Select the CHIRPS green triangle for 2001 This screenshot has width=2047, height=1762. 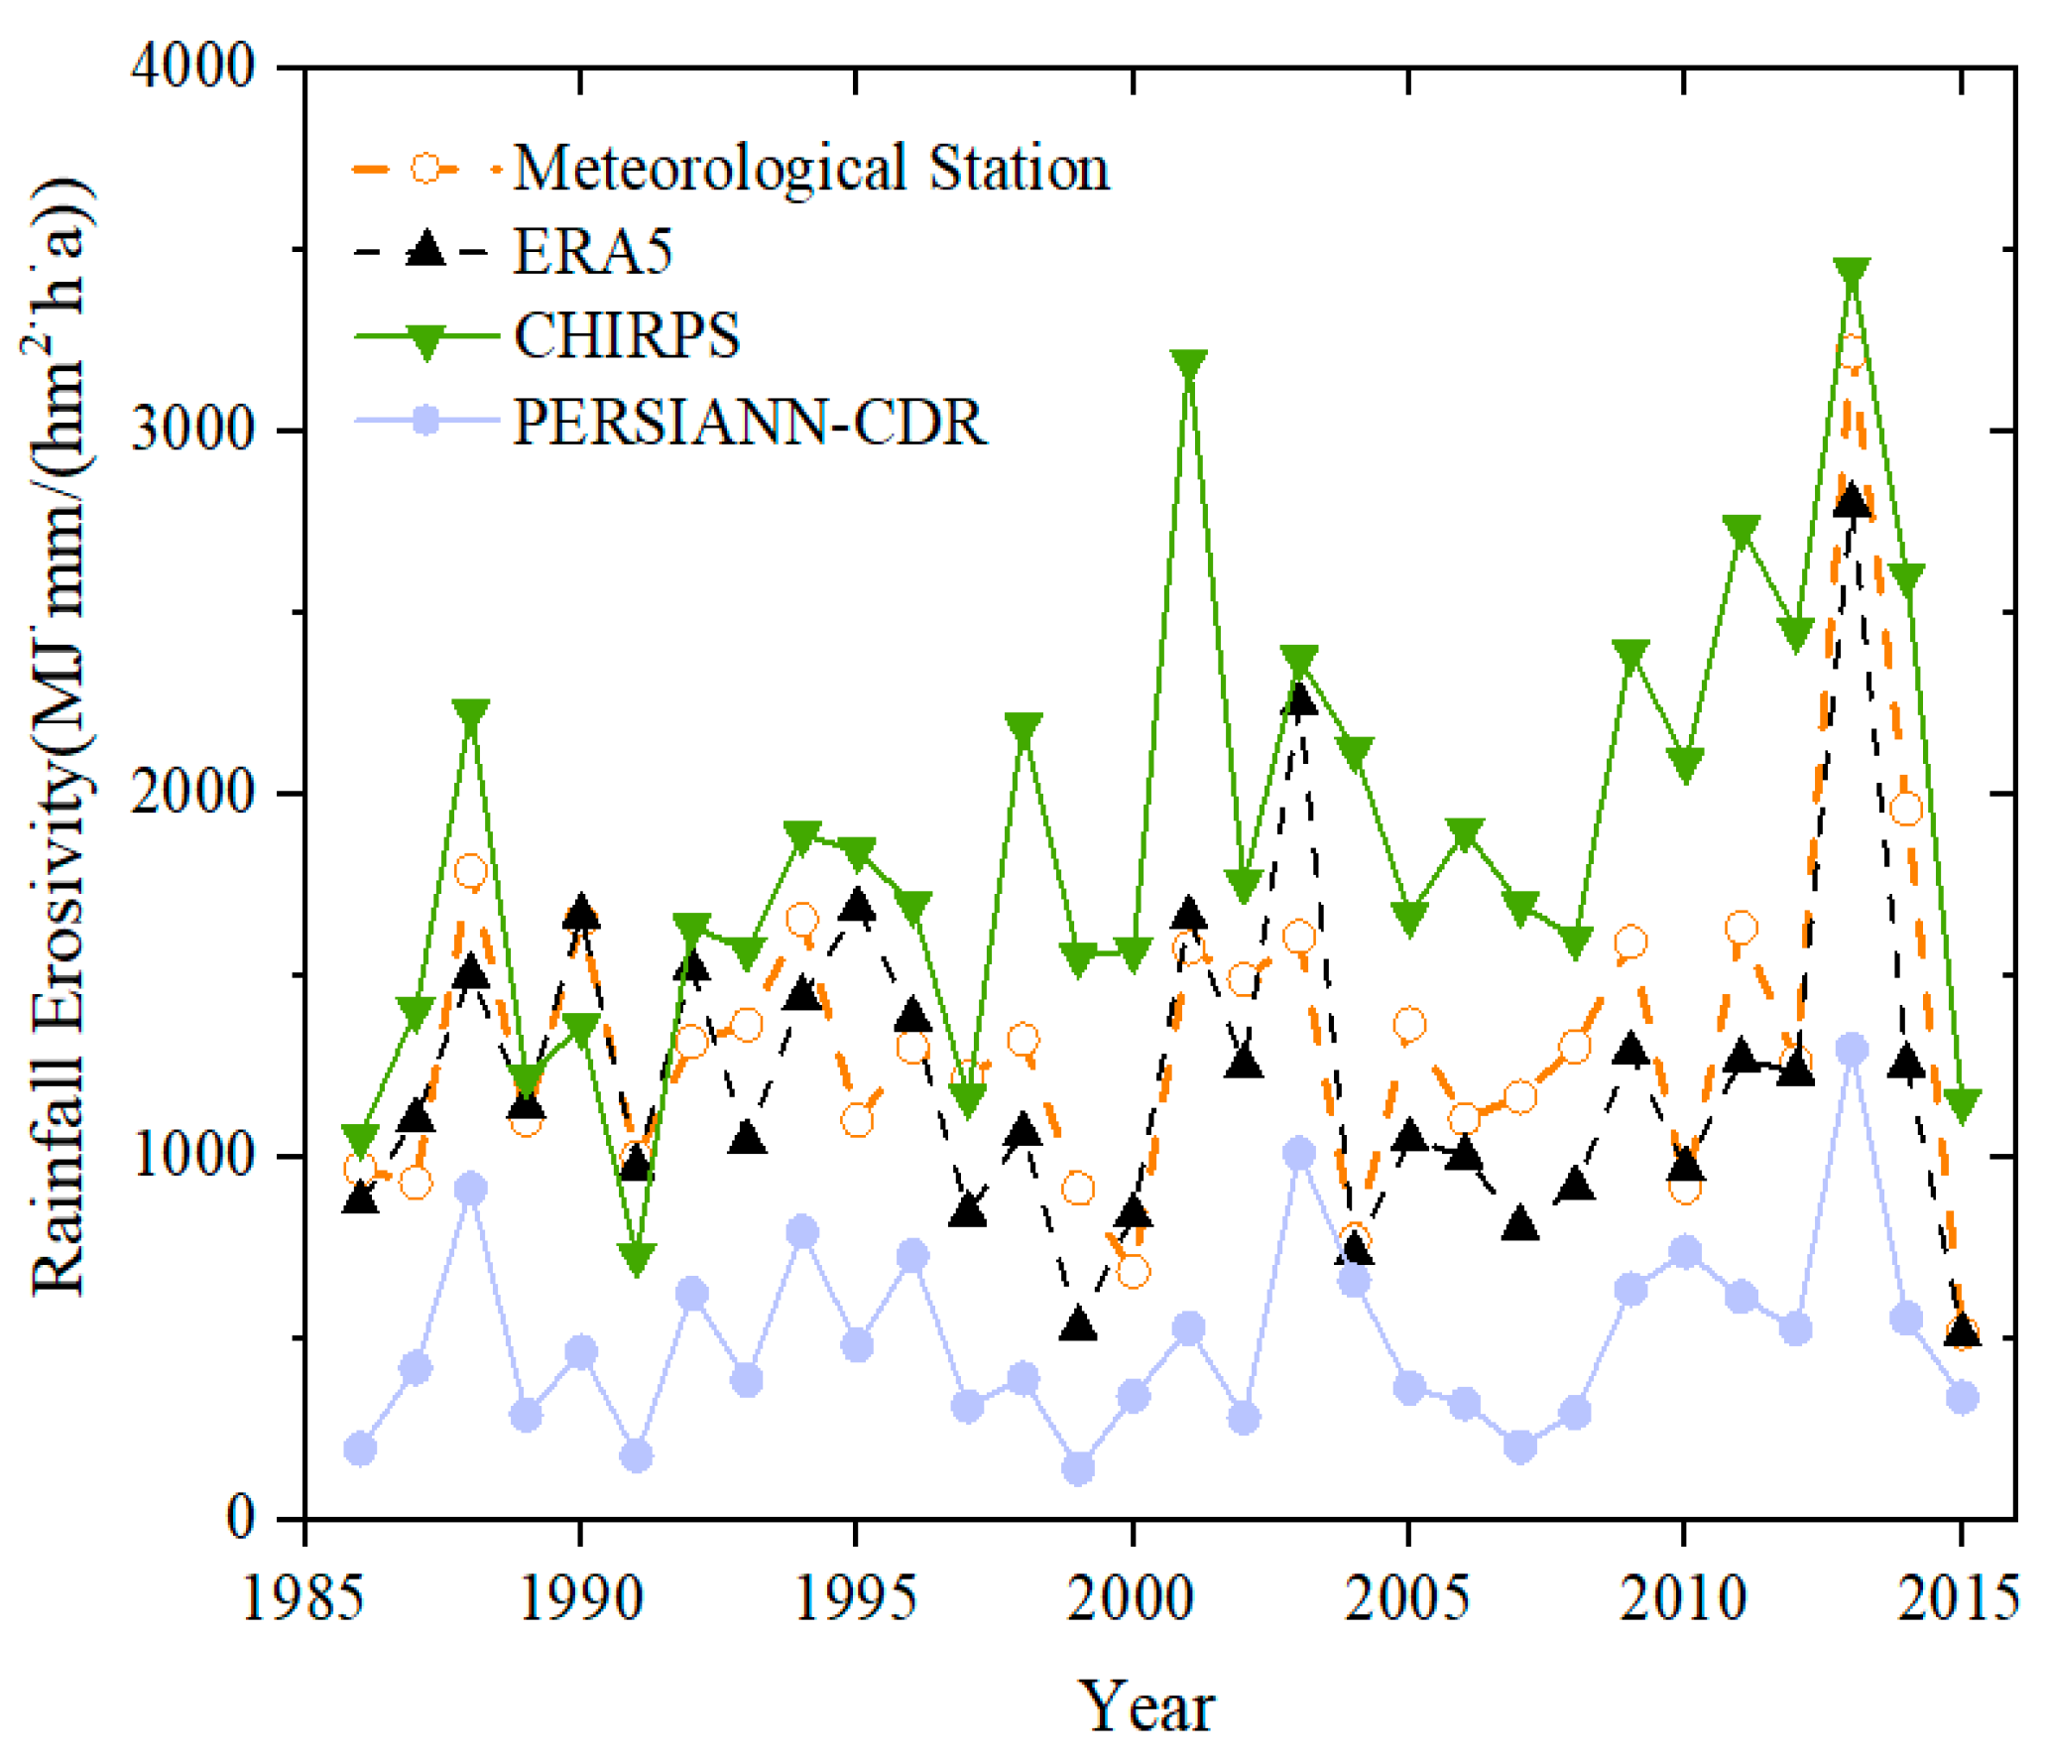click(1188, 364)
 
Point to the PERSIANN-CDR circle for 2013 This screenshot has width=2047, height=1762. click(1852, 1049)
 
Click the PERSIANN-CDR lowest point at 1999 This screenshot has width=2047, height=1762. click(1078, 1468)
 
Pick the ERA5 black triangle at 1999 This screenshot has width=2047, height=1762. click(1078, 1325)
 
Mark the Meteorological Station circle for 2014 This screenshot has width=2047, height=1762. click(1906, 809)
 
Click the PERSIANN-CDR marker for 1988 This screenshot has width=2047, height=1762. click(471, 1188)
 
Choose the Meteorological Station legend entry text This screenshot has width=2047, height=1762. click(811, 168)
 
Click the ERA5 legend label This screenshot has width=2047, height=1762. click(592, 251)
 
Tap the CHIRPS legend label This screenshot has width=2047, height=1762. click(626, 335)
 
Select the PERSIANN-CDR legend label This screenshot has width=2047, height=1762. click(750, 422)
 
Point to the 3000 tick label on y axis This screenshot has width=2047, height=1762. click(192, 430)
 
